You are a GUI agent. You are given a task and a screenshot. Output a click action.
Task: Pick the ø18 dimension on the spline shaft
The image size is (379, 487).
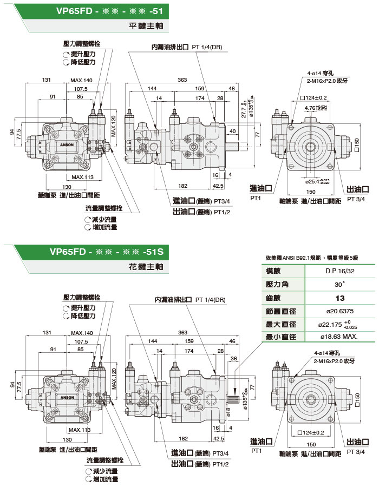click(228, 413)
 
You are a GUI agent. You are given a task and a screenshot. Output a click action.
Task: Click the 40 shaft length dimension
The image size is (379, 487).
click(232, 131)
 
